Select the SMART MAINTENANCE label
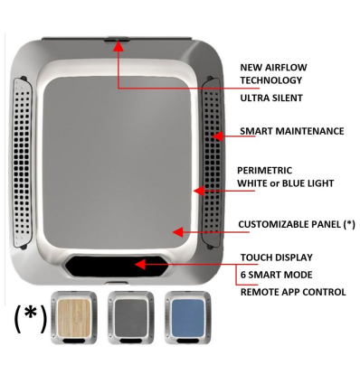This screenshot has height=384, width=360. click(291, 131)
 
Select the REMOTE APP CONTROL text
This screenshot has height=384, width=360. click(293, 292)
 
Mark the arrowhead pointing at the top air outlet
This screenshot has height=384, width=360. click(117, 47)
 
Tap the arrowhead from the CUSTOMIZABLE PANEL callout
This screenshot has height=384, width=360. click(178, 231)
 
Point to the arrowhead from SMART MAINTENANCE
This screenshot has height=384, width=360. click(218, 136)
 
